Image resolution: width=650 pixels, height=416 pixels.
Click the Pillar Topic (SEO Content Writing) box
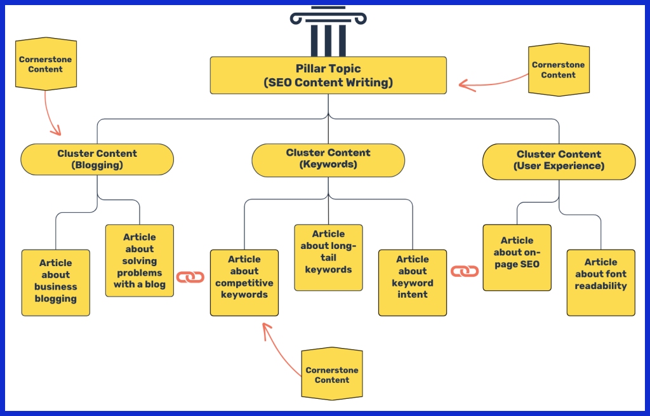pyautogui.click(x=328, y=76)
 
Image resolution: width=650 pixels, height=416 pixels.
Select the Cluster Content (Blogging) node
pyautogui.click(x=97, y=159)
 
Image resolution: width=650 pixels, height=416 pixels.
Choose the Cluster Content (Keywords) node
pyautogui.click(x=328, y=159)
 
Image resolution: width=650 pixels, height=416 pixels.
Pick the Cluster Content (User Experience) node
pyautogui.click(x=559, y=161)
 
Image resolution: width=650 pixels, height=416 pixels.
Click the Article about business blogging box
pyautogui.click(x=56, y=282)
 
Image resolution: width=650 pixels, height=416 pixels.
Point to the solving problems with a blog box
pyautogui.click(x=140, y=260)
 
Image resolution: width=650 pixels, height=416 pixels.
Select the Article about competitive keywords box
pyautogui.click(x=244, y=282)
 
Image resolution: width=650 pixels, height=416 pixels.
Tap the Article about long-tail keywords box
pyautogui.click(x=329, y=257)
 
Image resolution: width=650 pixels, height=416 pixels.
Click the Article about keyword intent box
pyautogui.click(x=413, y=282)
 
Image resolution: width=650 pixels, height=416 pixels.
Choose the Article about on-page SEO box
pyautogui.click(x=517, y=257)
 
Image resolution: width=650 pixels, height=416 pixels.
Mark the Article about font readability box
pyautogui.click(x=600, y=282)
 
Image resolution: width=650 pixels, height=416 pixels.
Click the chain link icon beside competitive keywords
pyautogui.click(x=190, y=277)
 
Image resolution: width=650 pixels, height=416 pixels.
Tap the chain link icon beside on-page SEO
pyautogui.click(x=465, y=271)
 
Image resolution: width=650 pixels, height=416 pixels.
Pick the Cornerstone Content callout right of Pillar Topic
pyautogui.click(x=558, y=70)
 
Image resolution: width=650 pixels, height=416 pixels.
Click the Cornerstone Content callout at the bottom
pyautogui.click(x=332, y=375)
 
